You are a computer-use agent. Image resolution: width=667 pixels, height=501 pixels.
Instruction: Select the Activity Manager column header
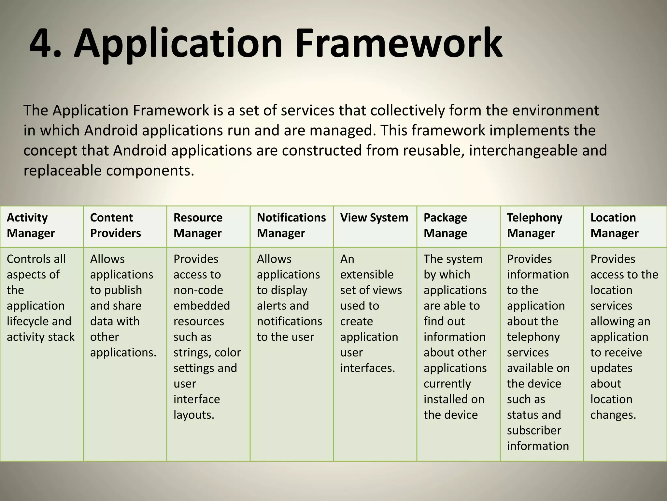[x=31, y=225]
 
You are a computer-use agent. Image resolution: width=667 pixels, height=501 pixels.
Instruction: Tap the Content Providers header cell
[x=115, y=225]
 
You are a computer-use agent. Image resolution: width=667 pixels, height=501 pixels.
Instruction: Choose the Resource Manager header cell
[x=198, y=225]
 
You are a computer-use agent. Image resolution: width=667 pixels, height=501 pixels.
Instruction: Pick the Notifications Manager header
[x=291, y=225]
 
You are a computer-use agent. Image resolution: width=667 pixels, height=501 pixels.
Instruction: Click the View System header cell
[x=374, y=218]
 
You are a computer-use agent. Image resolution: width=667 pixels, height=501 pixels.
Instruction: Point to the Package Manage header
[x=445, y=225]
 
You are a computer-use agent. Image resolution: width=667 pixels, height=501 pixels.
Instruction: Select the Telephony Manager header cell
[x=534, y=225]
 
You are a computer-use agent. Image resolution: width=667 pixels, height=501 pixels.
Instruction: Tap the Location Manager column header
[x=614, y=225]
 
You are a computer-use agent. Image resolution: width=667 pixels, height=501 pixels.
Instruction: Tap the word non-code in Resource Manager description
[x=198, y=290]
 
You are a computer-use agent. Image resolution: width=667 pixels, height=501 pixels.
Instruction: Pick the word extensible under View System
[x=367, y=275]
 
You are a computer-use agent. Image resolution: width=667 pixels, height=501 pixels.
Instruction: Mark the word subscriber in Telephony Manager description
[x=534, y=431]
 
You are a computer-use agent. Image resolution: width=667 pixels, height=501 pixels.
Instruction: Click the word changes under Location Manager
[x=613, y=415]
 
